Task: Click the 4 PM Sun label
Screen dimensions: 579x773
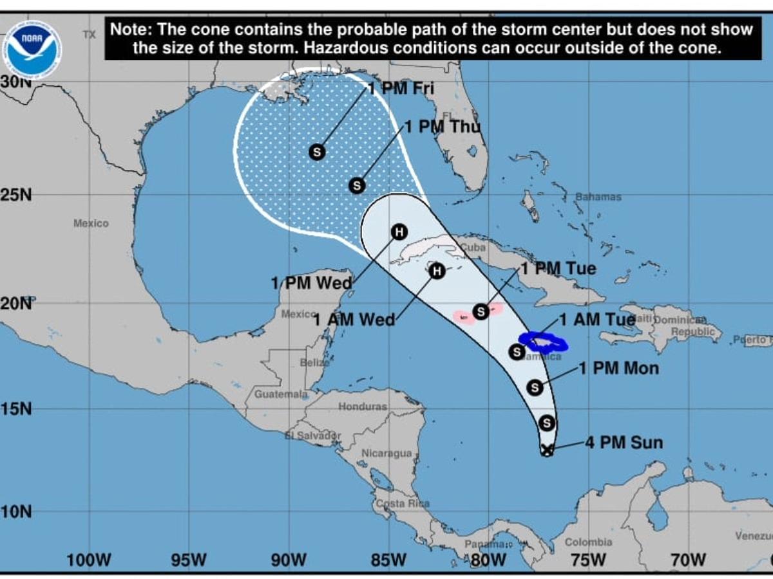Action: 624,443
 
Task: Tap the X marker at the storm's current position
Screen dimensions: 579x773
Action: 547,450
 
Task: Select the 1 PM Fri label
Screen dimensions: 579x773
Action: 401,88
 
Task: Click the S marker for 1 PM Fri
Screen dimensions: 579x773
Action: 316,152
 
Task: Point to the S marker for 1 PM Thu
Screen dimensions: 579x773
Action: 357,185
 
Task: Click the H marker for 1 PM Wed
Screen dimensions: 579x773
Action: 399,232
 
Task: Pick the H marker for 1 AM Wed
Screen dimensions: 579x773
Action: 437,271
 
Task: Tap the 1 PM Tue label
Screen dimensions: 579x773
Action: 558,268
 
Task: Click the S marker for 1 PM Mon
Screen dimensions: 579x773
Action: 535,387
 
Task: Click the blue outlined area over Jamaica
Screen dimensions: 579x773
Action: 543,342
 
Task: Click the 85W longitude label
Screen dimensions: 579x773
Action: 389,560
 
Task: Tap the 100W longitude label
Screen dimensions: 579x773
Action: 88,560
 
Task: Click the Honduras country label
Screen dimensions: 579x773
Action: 363,407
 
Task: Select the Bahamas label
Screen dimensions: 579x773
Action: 598,197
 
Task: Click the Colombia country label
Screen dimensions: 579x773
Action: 588,542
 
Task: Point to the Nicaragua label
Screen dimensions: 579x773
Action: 386,453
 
